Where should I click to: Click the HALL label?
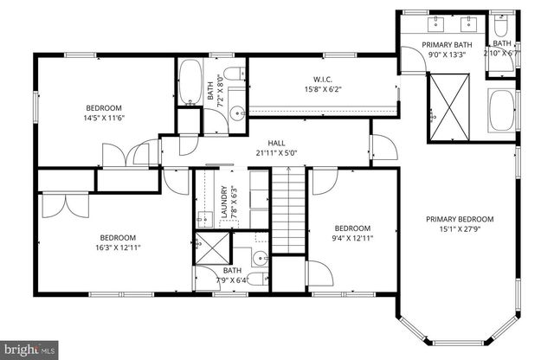click(x=276, y=143)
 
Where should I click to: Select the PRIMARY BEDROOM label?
click(x=459, y=219)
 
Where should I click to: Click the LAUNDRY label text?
click(x=224, y=202)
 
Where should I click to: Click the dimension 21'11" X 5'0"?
click(x=276, y=153)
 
